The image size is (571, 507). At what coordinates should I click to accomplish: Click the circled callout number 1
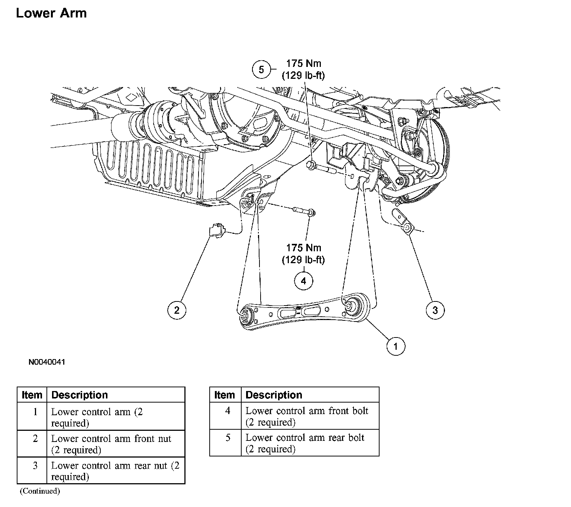[396, 346]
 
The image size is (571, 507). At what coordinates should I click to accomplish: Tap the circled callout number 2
[177, 310]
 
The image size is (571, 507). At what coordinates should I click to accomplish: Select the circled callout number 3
[435, 310]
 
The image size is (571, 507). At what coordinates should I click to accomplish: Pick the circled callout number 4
[303, 281]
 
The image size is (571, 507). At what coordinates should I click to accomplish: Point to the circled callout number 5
[261, 70]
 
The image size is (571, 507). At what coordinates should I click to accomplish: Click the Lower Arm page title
[51, 13]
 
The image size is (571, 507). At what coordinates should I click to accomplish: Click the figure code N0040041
[47, 362]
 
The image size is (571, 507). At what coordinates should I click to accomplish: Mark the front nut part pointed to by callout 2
[216, 229]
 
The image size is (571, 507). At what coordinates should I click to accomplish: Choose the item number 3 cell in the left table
[35, 471]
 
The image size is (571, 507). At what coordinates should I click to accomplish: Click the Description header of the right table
[274, 395]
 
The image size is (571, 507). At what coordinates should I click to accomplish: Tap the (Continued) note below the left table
[40, 491]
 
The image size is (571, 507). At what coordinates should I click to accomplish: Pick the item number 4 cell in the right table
[228, 416]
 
